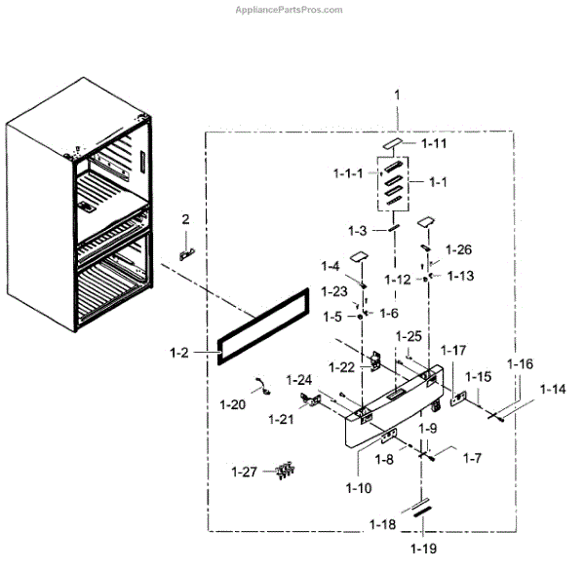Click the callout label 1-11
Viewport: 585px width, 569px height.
click(x=433, y=143)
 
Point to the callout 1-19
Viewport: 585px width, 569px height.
click(x=423, y=550)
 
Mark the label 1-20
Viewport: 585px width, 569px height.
click(x=232, y=403)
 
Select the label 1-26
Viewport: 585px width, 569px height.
click(x=459, y=248)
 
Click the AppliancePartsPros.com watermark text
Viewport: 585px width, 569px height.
click(x=290, y=9)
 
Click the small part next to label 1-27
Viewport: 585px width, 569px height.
click(x=285, y=473)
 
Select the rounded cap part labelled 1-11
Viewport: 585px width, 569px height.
click(x=394, y=143)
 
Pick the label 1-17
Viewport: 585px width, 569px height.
click(x=453, y=349)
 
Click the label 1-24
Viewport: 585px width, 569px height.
click(x=299, y=379)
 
